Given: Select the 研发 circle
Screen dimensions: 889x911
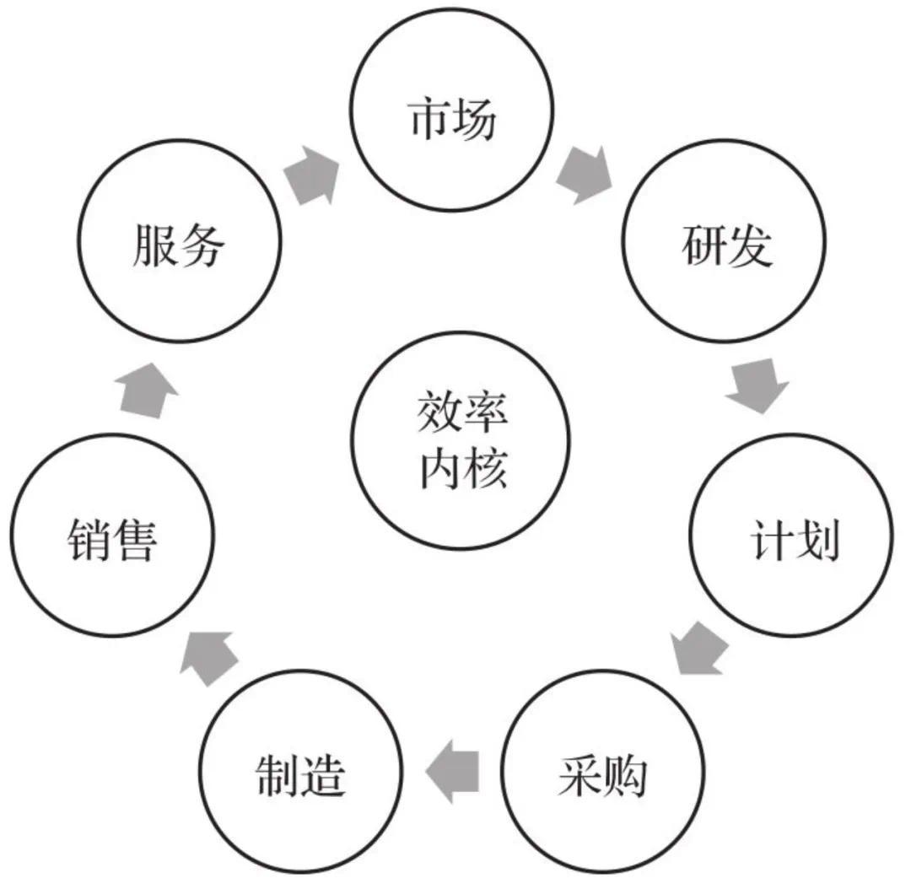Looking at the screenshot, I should (724, 246).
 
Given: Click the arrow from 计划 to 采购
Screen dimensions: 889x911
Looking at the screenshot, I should (703, 648).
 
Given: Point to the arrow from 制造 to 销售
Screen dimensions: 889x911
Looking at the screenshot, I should (207, 655).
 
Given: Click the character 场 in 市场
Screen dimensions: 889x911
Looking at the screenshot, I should (474, 120).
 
